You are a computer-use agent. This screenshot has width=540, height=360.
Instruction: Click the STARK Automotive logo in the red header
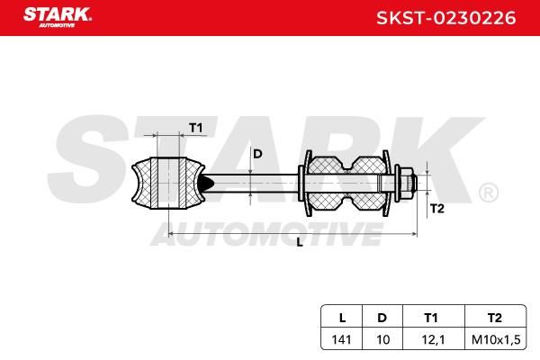[x=58, y=17]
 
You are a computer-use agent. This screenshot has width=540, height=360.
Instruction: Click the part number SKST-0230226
[x=446, y=18]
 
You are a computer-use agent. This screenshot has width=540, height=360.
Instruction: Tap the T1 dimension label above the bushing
[x=196, y=128]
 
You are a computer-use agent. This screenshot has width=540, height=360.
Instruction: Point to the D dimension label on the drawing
[x=257, y=154]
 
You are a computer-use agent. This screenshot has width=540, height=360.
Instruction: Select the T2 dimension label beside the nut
[x=437, y=209]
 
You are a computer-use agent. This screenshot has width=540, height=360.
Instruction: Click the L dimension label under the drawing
[x=300, y=242]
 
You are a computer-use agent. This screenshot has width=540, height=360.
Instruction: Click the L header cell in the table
[x=342, y=318]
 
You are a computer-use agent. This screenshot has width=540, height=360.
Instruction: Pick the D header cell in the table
[x=382, y=318]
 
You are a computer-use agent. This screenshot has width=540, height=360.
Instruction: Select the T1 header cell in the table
[x=430, y=318]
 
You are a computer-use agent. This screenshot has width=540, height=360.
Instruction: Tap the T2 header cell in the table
[x=494, y=318]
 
